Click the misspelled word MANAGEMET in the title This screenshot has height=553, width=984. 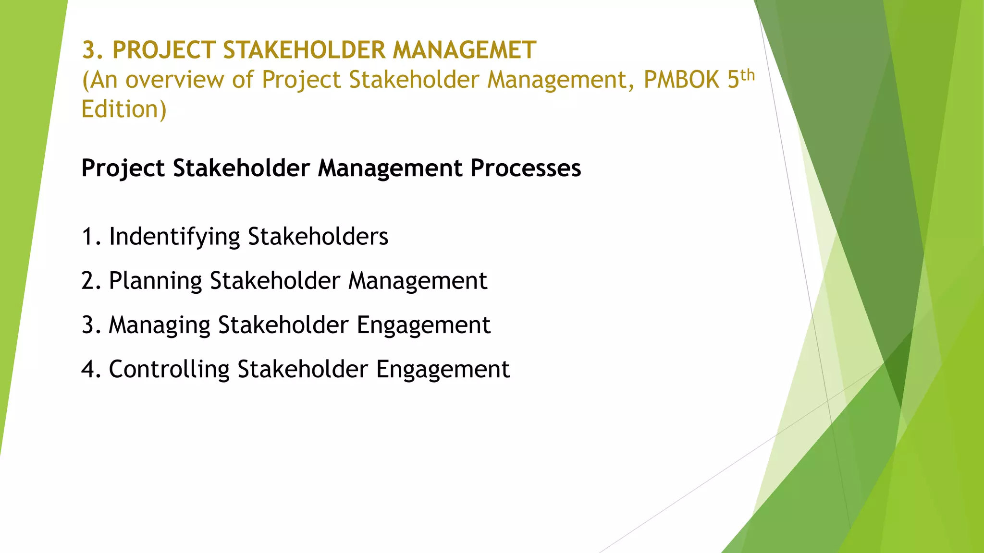tap(464, 50)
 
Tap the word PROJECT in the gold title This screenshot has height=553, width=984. tap(163, 50)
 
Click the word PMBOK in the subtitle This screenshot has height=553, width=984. tap(681, 80)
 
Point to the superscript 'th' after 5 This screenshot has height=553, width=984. tap(748, 75)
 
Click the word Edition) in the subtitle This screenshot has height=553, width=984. tap(123, 109)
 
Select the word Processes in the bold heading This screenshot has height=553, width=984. tap(526, 168)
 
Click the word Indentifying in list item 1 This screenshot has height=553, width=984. tap(174, 237)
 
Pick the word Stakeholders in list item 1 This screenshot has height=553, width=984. tap(318, 237)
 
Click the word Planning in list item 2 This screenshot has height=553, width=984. tap(155, 281)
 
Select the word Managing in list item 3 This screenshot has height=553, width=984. tap(160, 325)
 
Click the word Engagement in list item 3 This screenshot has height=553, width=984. tap(423, 325)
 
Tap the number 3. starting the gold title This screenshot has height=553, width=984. tap(92, 50)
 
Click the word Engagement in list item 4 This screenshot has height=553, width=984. tap(443, 370)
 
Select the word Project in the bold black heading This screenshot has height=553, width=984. tap(123, 168)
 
